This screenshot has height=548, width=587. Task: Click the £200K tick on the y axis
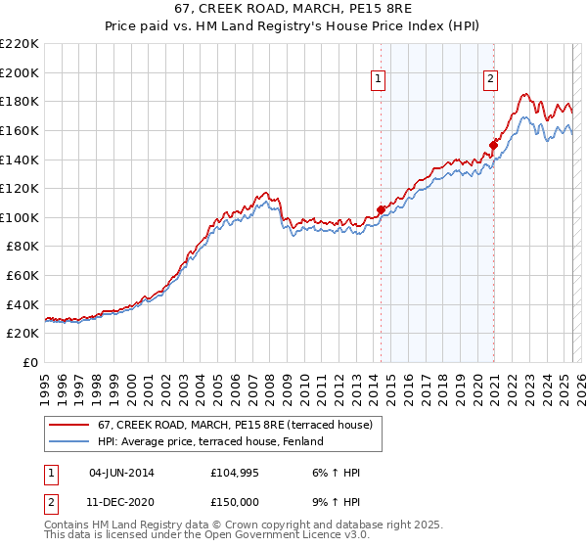click(x=22, y=72)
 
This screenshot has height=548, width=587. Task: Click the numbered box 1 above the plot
click(x=379, y=81)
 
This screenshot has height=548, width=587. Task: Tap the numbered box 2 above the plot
click(x=491, y=81)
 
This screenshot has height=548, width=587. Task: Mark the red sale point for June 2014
click(x=381, y=209)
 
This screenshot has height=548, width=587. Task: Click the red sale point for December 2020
click(x=494, y=145)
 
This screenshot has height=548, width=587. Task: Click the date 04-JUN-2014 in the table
click(x=121, y=473)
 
